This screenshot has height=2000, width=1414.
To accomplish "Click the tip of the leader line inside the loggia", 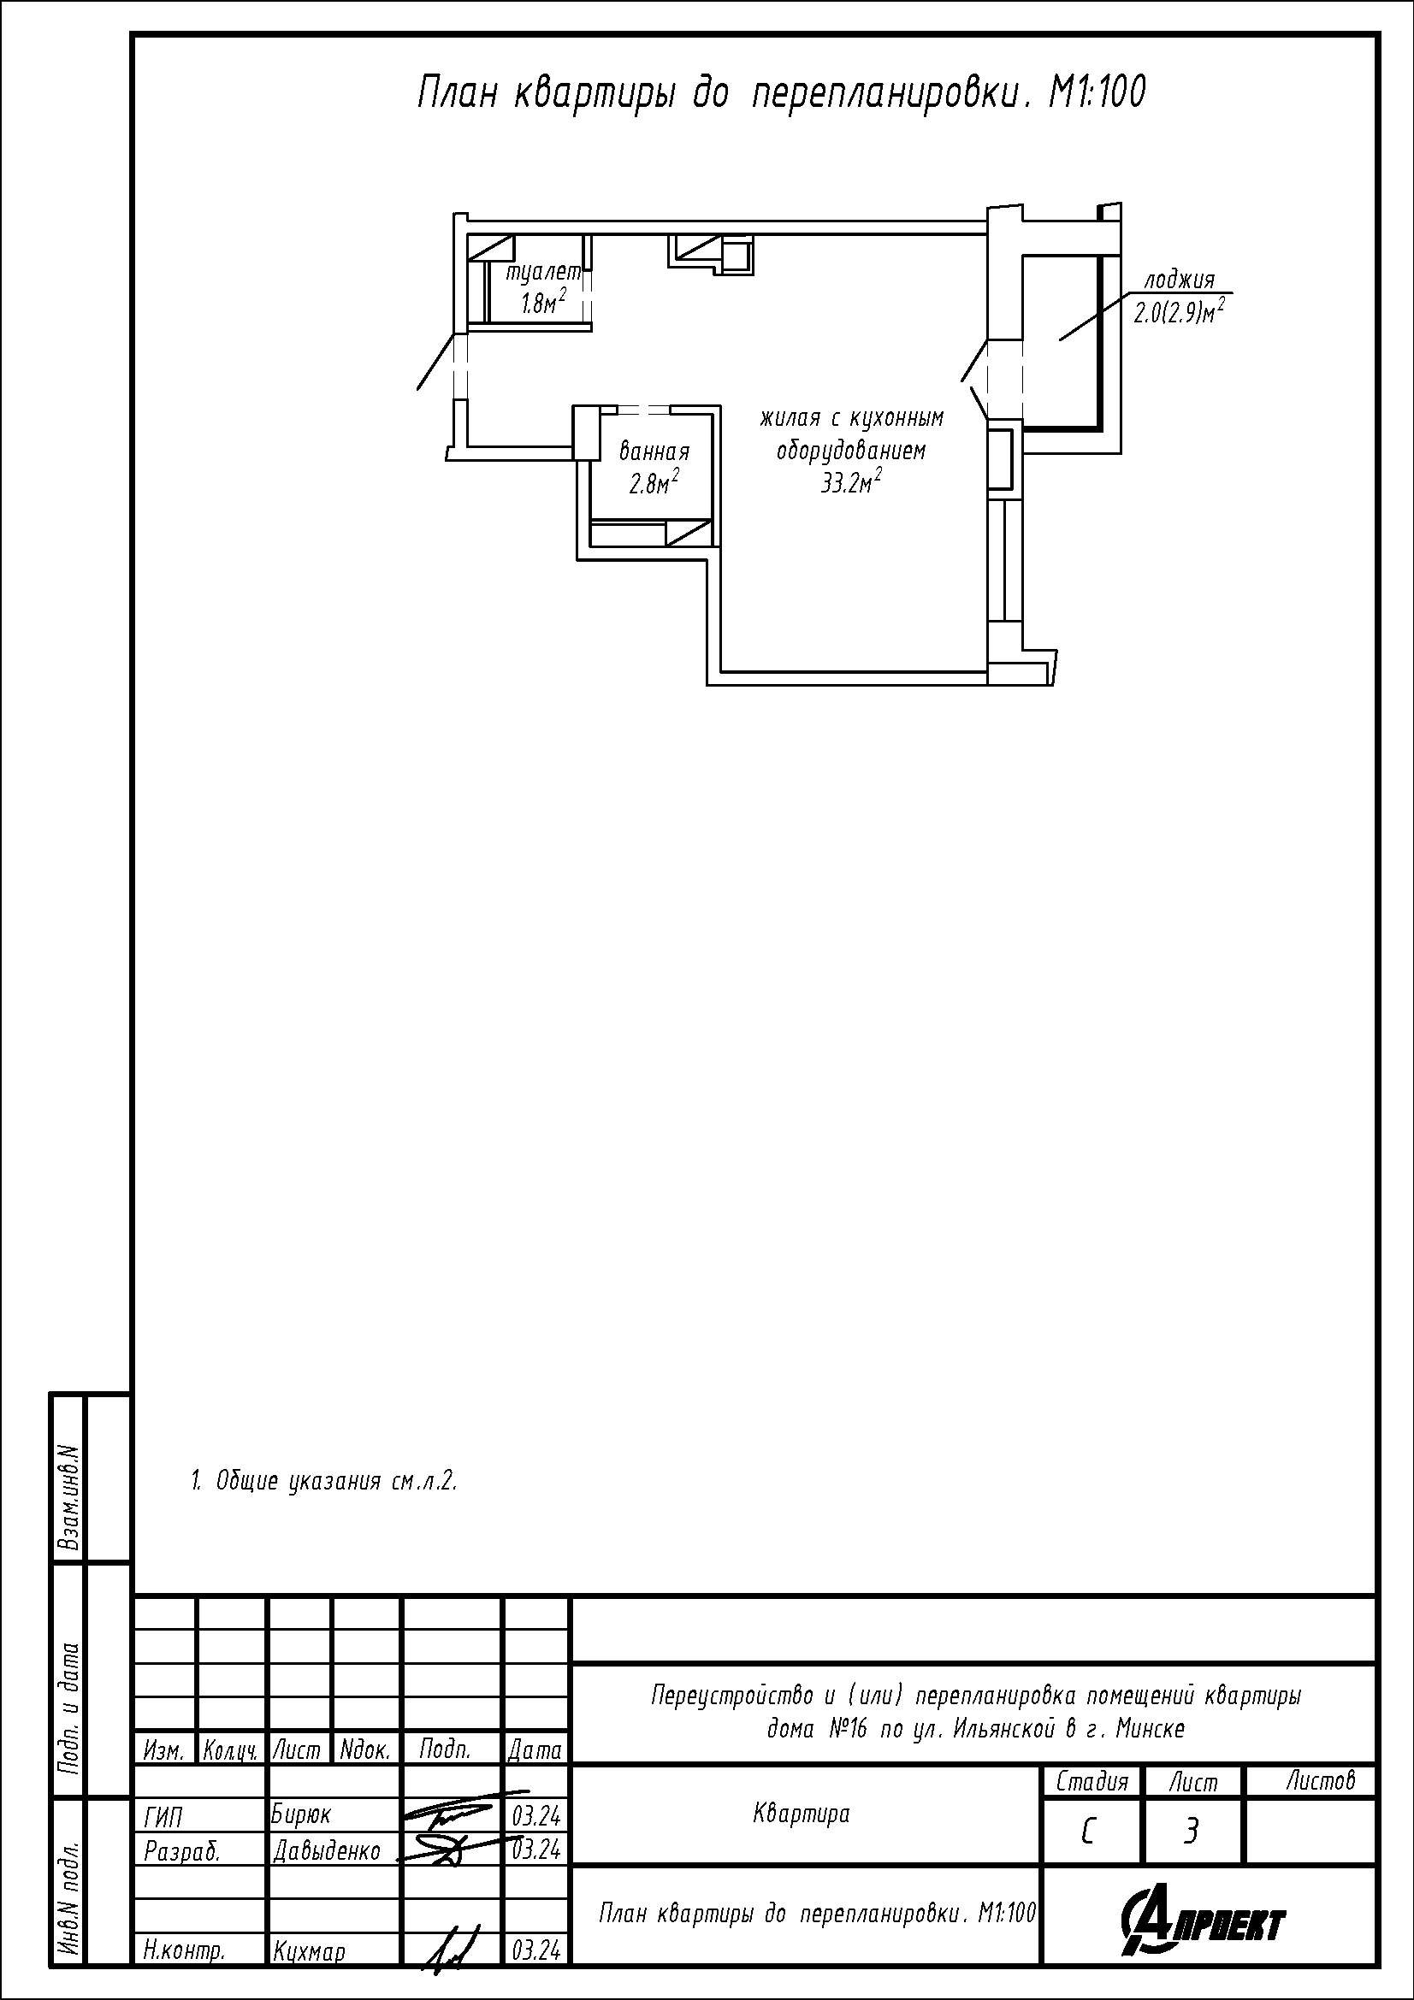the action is point(1059,339).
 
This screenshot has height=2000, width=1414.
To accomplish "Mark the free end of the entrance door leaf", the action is point(418,388).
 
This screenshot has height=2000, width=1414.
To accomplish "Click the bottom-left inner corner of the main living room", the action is point(721,671).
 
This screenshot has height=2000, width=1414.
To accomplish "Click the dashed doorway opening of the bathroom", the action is point(643,410).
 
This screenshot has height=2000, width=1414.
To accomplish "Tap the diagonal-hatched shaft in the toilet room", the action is point(490,246).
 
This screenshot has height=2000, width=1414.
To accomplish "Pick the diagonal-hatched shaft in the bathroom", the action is point(689,532).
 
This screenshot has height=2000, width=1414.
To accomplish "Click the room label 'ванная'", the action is point(654,452).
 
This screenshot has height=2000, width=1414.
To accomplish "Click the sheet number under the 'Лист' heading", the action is point(1191,1832).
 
